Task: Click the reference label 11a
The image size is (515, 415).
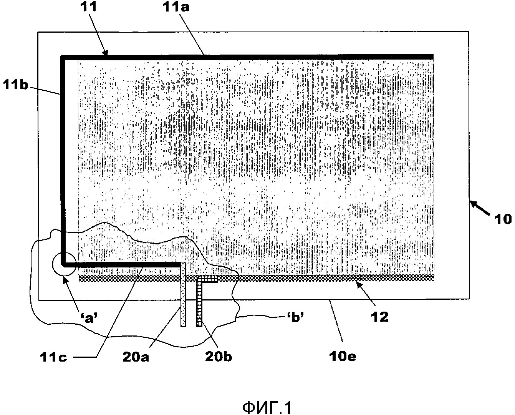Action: click(x=176, y=7)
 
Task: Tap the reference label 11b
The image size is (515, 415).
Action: click(x=16, y=85)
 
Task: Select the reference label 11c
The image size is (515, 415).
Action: click(x=53, y=358)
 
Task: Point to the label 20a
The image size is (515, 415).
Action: click(x=136, y=357)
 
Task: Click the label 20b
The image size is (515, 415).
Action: click(x=219, y=357)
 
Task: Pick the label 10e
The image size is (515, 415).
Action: click(x=343, y=357)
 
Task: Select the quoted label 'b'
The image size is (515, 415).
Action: click(x=296, y=317)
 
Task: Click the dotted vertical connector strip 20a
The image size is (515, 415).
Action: click(x=183, y=294)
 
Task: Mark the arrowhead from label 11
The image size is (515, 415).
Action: click(x=106, y=53)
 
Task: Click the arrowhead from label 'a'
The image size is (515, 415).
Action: click(x=65, y=279)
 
